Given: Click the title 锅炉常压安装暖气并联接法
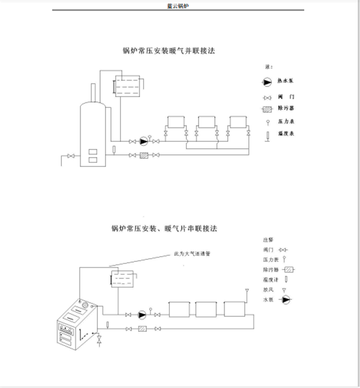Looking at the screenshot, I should pos(168,50).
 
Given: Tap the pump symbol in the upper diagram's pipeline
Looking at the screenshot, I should pos(143,141).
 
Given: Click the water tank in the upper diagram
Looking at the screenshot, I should pos(128,85).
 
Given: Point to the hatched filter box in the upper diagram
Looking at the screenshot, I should pos(144,155).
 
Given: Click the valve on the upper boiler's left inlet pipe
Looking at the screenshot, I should pos(72,155).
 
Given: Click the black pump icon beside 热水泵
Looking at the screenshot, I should pos(267,82).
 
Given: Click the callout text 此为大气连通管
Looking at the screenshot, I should pos(192,254).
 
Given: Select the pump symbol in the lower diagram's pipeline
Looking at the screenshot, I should pos(142,315).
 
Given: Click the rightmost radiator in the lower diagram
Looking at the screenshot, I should pos(235,309).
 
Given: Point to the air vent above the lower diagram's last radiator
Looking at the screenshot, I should pos(246,291).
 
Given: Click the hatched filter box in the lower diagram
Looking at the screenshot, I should pos(142,329).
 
